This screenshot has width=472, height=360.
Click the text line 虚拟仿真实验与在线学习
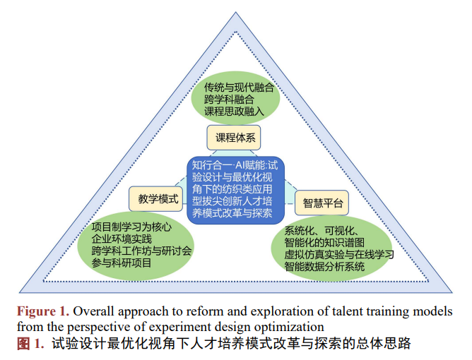[338, 255]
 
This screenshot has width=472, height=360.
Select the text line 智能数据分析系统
[324, 267]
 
